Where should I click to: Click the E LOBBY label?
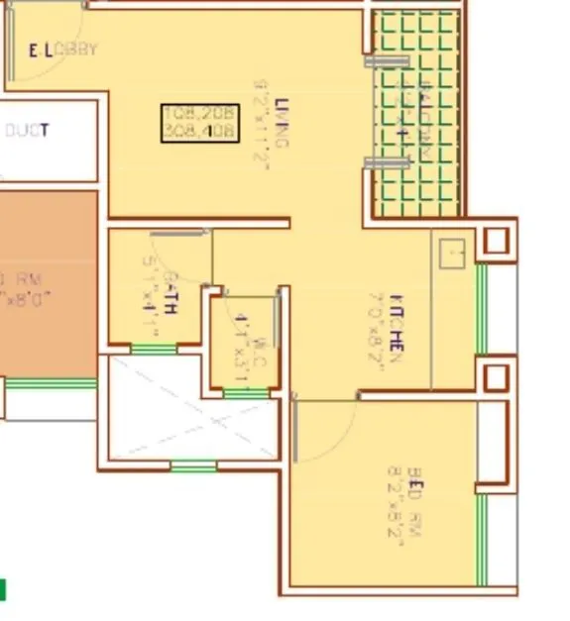pos(62,50)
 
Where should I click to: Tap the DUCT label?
pos(27,130)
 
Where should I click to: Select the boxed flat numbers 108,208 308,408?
pos(200,123)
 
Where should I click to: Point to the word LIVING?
pos(283,123)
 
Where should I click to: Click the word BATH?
pos(171,293)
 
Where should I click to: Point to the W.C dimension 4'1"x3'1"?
pos(240,342)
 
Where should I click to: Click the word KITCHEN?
pos(395,328)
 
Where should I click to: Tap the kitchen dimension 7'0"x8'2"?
pos(376,328)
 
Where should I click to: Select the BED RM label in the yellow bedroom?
pos(415,501)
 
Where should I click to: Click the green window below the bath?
pos(154,349)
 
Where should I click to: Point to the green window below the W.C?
pos(245,393)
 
